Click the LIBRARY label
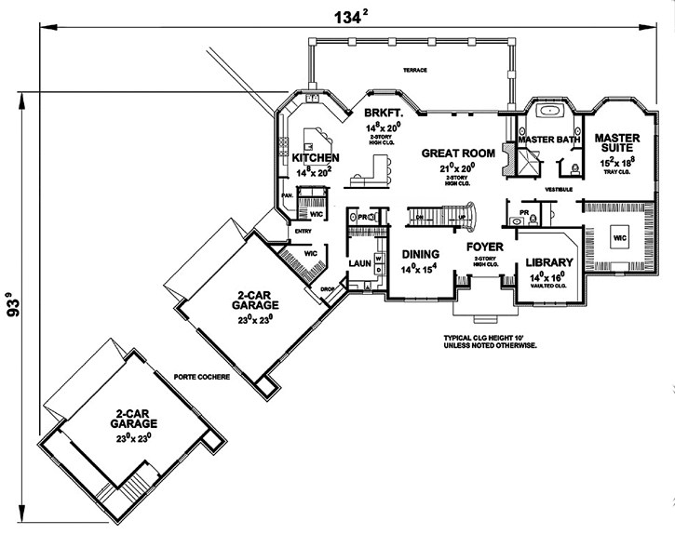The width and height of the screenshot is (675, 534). coord(548,263)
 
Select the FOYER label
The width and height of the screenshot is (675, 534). coord(484,247)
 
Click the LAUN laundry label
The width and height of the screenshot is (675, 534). coord(360,263)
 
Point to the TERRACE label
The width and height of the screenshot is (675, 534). coord(414,71)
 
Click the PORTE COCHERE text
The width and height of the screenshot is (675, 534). coord(201,377)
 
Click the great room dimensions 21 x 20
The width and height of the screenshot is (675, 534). coord(456,167)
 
